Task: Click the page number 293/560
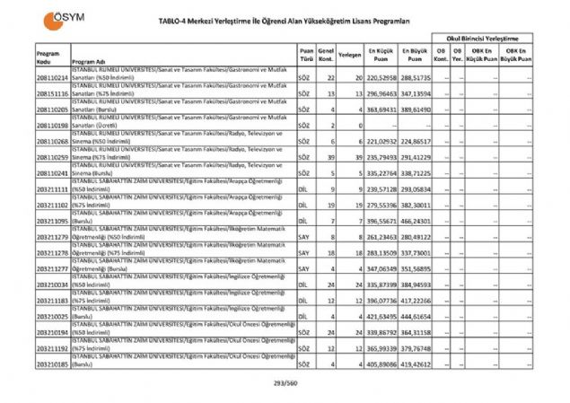pyautogui.click(x=285, y=383)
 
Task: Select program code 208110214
pyautogui.click(x=53, y=79)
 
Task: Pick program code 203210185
pyautogui.click(x=53, y=365)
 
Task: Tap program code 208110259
pyautogui.click(x=53, y=156)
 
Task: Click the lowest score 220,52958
pyautogui.click(x=379, y=79)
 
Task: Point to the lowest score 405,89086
pyautogui.click(x=379, y=365)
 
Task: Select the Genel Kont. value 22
pyautogui.click(x=330, y=79)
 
